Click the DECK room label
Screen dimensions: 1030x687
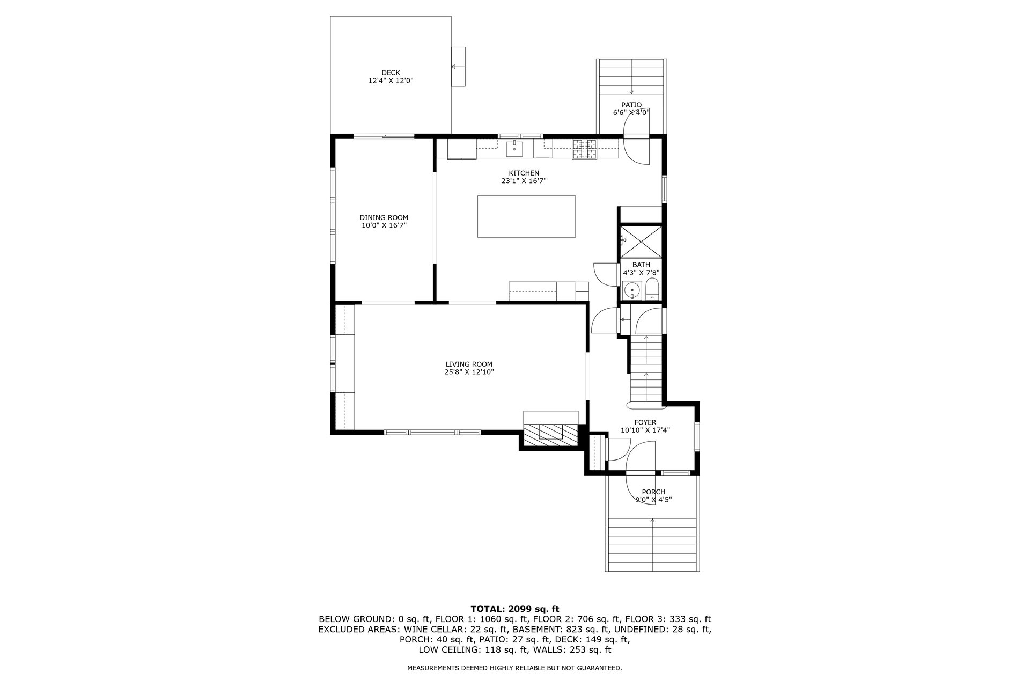(391, 72)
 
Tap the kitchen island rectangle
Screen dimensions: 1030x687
(526, 216)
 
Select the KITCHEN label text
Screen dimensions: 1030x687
(524, 173)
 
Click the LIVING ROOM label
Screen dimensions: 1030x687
(469, 364)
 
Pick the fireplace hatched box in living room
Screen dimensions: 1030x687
(550, 432)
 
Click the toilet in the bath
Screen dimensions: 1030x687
(652, 289)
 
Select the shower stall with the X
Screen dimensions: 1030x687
(641, 242)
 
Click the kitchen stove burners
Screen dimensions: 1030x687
(585, 149)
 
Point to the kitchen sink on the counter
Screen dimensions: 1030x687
(514, 148)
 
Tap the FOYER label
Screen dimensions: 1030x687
(645, 422)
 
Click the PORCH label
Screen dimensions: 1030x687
(653, 492)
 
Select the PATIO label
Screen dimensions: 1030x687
(631, 105)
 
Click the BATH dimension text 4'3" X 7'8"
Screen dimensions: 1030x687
(641, 272)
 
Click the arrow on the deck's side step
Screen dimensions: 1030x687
(458, 67)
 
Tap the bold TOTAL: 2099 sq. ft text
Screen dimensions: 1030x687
(515, 609)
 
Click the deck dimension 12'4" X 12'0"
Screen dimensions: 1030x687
(391, 81)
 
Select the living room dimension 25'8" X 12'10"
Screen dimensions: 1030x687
(469, 371)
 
